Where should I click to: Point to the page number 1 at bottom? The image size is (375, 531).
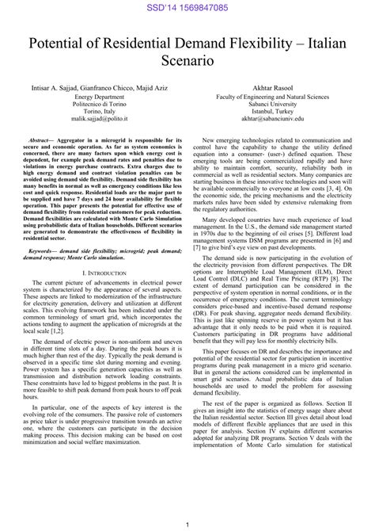tap(187, 524)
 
